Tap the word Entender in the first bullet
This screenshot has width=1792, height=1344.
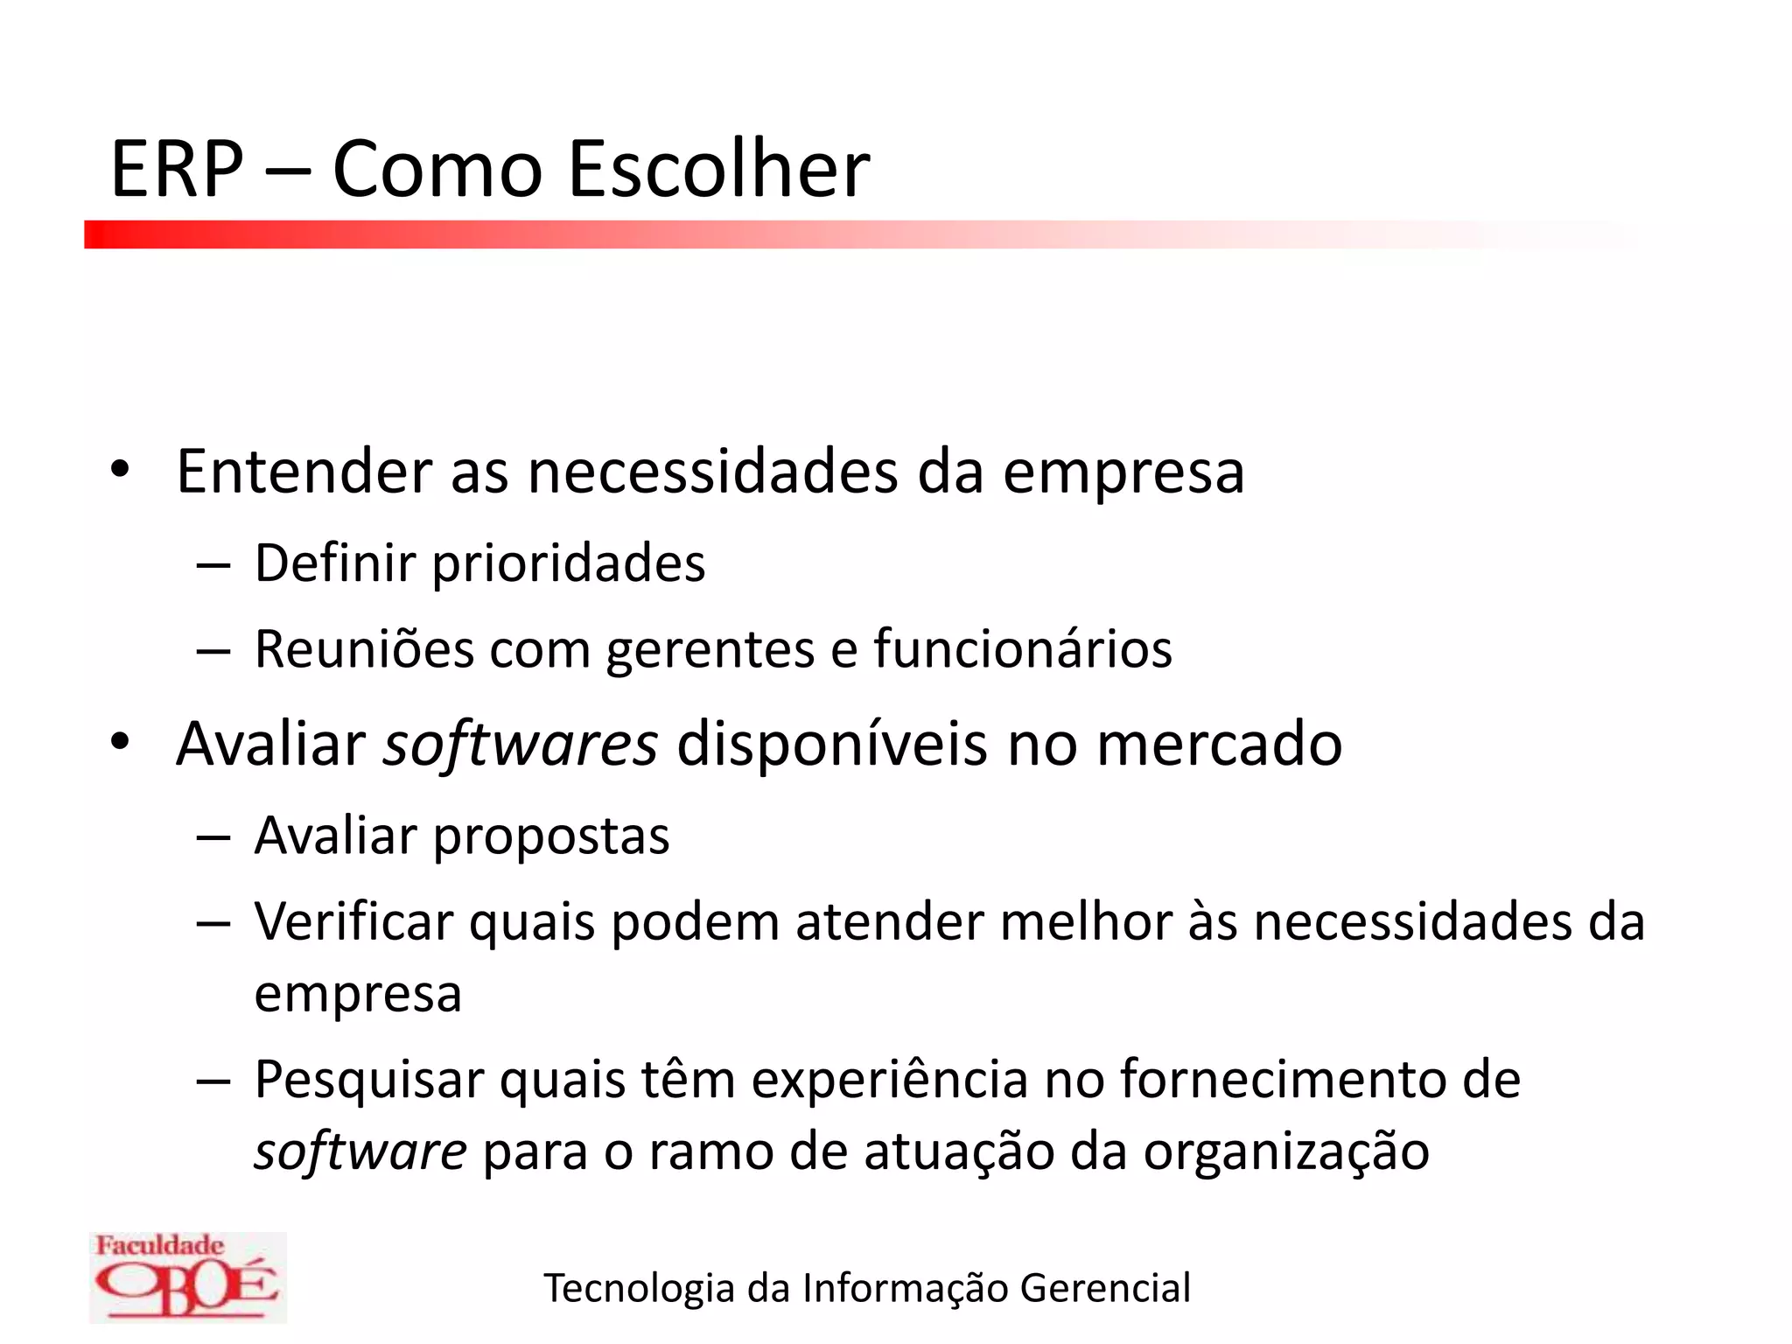point(304,472)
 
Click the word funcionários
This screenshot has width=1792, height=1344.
point(1023,649)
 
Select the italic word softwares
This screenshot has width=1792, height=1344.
point(521,744)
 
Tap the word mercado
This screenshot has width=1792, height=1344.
point(1219,744)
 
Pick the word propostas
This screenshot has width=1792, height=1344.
point(551,836)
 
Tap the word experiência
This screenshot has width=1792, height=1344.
point(889,1080)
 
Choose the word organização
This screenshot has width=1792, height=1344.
point(1286,1152)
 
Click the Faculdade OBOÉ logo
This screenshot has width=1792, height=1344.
point(187,1277)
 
